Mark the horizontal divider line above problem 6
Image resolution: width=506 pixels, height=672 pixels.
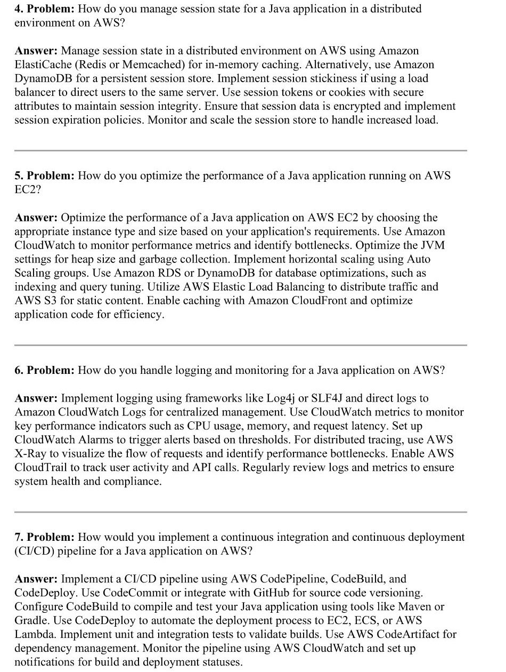tap(240, 345)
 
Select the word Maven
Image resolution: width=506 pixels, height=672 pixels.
tap(417, 606)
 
